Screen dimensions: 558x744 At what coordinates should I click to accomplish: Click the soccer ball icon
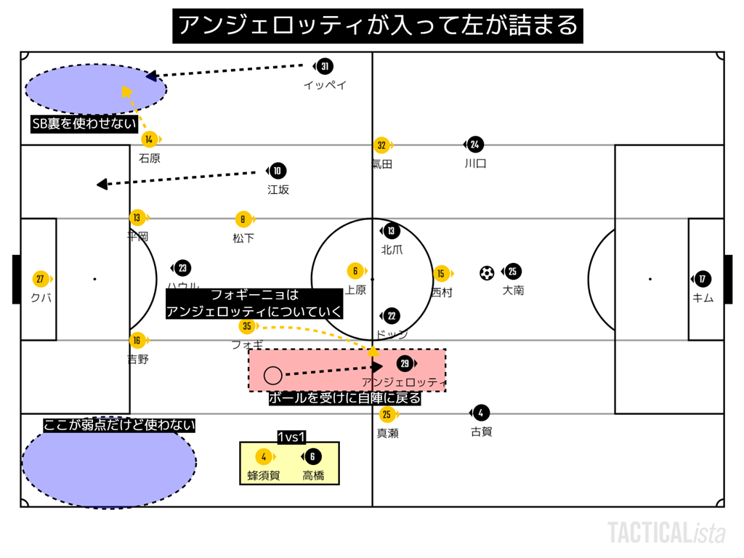coord(487,273)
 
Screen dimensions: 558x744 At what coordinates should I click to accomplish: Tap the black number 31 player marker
coord(325,67)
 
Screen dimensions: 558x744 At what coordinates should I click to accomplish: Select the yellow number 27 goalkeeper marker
coord(41,279)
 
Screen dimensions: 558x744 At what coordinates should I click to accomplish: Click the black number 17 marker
coord(703,279)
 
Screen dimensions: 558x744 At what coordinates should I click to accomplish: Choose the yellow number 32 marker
coord(381,145)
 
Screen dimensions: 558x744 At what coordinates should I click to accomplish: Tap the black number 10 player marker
coord(278,171)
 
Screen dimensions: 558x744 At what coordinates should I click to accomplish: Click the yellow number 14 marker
coord(149,139)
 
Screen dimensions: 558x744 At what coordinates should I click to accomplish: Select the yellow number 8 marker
coord(243,219)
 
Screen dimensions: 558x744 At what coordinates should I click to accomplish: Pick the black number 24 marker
coord(475,145)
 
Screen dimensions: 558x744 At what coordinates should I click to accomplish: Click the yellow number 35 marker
coord(248,326)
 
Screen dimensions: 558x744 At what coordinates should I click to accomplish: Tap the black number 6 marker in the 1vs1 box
coord(313,457)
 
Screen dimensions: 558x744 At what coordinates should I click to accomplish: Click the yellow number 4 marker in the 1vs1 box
coord(264,457)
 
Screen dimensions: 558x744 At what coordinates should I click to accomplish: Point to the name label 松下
coord(243,238)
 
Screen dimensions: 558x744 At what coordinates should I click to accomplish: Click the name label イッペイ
coord(325,85)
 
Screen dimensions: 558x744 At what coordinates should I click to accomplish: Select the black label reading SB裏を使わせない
coord(84,124)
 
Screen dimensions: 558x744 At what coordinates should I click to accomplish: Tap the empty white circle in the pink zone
coord(273,375)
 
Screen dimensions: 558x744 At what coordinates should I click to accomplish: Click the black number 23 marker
coord(182,268)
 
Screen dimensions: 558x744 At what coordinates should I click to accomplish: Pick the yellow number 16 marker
coord(137,340)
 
